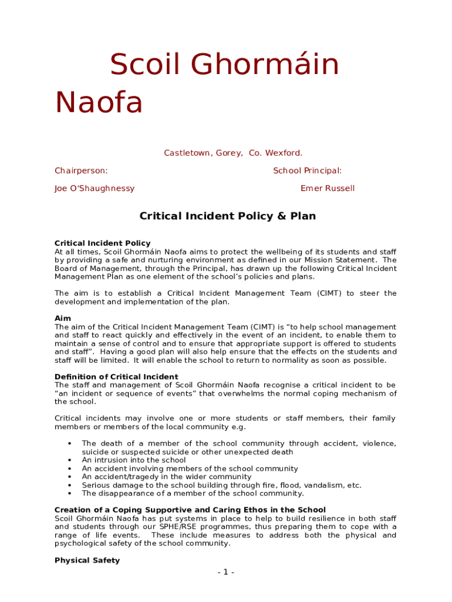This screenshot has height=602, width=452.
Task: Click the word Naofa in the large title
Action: pos(99,102)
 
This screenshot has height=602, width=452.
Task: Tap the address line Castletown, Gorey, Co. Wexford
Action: pos(233,153)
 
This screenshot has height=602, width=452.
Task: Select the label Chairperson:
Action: pos(81,171)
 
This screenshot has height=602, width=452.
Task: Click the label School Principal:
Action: pos(307,171)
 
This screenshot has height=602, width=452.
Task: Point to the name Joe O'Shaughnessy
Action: pos(95,189)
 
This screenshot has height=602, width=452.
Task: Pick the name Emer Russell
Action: pos(328,189)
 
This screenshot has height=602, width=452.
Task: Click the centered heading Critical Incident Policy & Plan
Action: pos(227,216)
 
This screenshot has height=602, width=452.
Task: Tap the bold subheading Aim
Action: pos(63,319)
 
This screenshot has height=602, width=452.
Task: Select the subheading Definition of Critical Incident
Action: pos(116,377)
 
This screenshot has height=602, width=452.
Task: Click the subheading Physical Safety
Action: pos(87,561)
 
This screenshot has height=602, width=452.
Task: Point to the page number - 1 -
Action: pos(225,573)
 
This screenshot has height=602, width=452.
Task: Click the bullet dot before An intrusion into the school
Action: pos(70,460)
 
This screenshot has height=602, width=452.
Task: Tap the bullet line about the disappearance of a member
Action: pos(193,494)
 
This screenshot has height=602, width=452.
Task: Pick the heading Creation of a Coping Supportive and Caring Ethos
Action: pos(190,510)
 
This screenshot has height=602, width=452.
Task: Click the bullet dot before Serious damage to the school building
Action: pos(70,486)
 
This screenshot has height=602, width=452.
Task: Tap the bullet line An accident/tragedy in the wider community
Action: pos(166,477)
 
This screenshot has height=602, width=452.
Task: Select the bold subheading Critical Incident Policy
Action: pos(102,243)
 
